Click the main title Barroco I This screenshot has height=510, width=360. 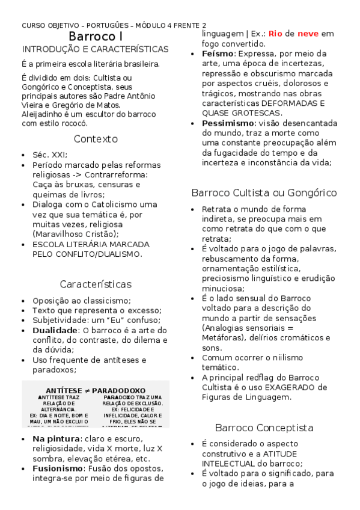tap(96, 37)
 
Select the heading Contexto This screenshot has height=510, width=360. tap(96, 139)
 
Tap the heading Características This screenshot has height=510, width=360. tap(96, 284)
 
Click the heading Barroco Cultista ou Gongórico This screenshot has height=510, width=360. tap(263, 193)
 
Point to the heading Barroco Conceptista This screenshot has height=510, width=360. tap(264, 428)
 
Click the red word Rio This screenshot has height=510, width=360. tap(275, 34)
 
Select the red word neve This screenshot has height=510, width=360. tap(308, 34)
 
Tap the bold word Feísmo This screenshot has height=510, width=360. tap(218, 54)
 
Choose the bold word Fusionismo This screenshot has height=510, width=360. tap(57, 469)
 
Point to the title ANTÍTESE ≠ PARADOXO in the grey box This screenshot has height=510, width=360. tap(96, 390)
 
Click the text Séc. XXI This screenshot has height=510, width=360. tap(50, 155)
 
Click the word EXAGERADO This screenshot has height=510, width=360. tap(290, 387)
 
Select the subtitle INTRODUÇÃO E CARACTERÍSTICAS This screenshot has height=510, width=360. tap(95, 49)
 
